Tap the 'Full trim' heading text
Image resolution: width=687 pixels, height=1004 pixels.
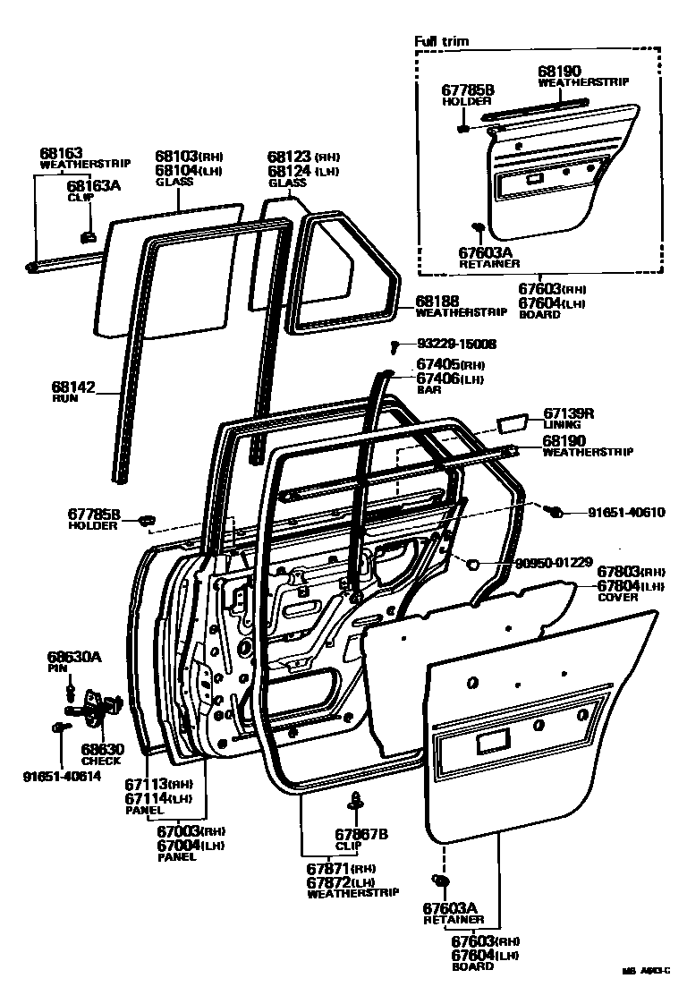pos(441,41)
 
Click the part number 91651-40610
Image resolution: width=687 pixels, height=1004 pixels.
pos(626,513)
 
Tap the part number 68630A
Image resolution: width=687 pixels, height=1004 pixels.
pos(74,657)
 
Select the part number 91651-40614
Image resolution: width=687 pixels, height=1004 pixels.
pos(62,776)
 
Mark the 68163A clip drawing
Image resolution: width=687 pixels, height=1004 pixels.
pos(89,236)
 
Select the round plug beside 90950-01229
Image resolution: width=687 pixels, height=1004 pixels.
pos(474,563)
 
